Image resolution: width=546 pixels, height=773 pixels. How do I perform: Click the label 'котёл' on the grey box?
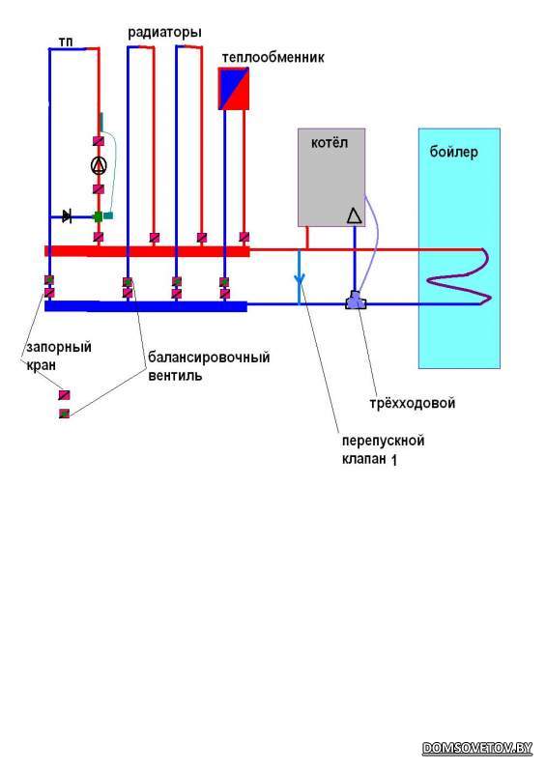(329, 142)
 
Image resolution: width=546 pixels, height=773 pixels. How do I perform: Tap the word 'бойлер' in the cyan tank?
(453, 152)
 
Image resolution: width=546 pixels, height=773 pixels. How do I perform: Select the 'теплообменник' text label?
(273, 57)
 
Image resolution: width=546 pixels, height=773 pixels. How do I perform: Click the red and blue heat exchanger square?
(233, 89)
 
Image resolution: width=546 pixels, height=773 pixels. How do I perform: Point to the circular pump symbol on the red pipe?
(99, 165)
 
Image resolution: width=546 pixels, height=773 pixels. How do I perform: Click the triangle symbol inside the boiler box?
(354, 215)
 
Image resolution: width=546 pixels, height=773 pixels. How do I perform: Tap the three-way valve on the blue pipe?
(355, 301)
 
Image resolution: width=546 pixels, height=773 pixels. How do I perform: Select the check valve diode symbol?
(67, 215)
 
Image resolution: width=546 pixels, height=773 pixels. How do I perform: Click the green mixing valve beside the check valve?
(99, 216)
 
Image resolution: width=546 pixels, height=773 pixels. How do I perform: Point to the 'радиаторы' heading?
(164, 33)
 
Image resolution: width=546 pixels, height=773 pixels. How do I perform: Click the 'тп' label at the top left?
(66, 42)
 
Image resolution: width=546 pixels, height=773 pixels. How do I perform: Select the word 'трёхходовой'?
(413, 403)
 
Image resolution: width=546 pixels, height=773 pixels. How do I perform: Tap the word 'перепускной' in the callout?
(383, 441)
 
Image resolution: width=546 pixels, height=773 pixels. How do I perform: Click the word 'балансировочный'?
(209, 357)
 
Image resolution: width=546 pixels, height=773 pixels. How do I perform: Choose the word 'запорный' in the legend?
(59, 347)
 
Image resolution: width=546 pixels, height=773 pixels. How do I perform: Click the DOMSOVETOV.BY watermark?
(477, 748)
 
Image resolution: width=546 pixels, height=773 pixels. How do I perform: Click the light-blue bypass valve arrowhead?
(299, 280)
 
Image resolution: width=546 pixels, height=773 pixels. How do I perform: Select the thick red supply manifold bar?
(147, 251)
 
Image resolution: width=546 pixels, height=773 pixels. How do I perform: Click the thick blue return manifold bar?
(146, 306)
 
